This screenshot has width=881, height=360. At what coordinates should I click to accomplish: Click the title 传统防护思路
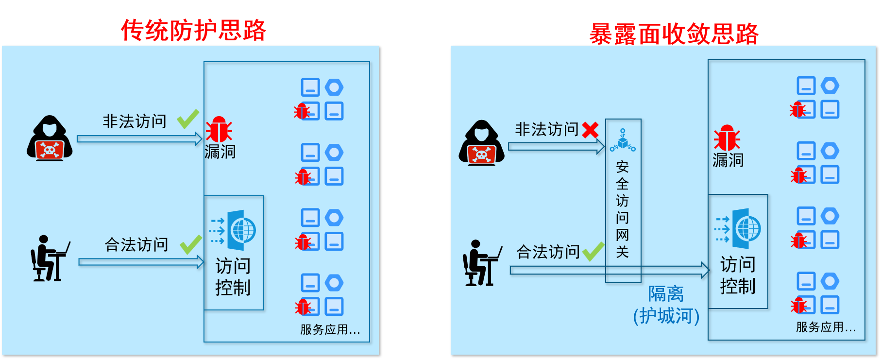pos(193,31)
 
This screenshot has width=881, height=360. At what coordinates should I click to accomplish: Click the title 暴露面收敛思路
pos(674,34)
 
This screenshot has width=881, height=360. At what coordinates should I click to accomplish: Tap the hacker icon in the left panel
pos(50,138)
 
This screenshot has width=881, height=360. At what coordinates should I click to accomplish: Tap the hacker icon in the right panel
pos(481,143)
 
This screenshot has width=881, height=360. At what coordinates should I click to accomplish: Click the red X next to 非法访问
pos(590,130)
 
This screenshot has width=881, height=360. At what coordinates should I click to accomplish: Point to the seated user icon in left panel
pos(49,259)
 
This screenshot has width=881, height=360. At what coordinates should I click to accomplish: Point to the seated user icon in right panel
pos(481,263)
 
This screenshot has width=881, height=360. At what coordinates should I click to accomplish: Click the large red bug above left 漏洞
pos(219,130)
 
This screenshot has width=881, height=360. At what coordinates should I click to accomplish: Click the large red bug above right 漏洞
pos(727,138)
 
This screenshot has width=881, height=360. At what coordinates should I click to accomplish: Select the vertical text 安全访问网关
pos(622,209)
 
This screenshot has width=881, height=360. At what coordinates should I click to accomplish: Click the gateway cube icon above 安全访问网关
pos(623,140)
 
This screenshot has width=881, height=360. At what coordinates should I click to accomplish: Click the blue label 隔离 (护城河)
pos(666,305)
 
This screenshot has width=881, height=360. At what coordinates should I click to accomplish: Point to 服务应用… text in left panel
pos(330,330)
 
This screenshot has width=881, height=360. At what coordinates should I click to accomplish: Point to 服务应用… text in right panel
pos(825,327)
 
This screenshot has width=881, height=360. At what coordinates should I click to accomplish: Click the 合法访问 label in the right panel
pos(548,252)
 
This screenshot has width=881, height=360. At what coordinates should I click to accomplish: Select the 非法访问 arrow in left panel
pos(139,139)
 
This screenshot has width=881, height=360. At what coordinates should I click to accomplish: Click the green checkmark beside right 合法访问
pos(593,251)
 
